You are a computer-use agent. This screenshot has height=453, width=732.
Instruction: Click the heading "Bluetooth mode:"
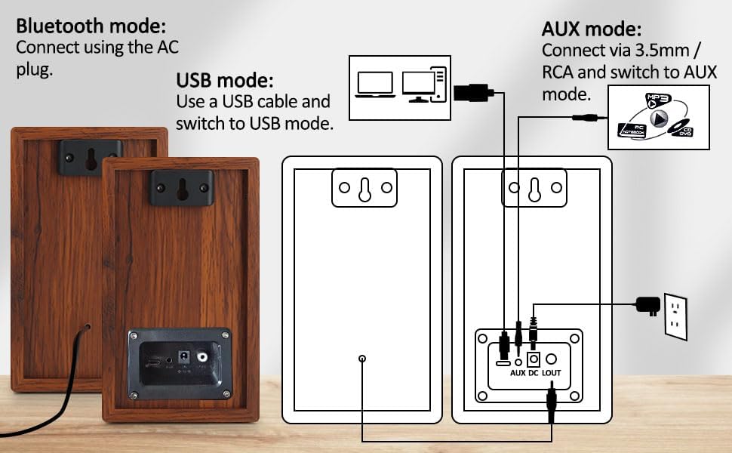click(x=91, y=26)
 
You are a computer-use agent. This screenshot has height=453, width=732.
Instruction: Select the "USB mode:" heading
click(x=224, y=80)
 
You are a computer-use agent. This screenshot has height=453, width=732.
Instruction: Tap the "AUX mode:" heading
click(x=592, y=30)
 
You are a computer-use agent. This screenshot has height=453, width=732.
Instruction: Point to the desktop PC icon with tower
click(x=424, y=85)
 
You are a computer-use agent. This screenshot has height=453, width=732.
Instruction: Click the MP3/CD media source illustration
click(x=658, y=117)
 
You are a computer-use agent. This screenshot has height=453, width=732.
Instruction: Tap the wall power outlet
click(x=675, y=316)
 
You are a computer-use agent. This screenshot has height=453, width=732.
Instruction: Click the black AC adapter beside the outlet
click(x=647, y=304)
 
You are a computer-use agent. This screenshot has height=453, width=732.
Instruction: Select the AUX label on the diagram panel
click(x=518, y=372)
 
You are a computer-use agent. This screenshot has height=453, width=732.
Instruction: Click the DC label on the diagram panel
click(x=534, y=372)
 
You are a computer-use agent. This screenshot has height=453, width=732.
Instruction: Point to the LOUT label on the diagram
click(x=552, y=372)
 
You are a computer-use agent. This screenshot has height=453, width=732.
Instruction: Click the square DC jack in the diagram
click(x=534, y=359)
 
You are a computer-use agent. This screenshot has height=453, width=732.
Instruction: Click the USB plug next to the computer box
click(x=472, y=93)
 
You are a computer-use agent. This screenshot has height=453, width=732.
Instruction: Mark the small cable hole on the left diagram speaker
click(x=362, y=359)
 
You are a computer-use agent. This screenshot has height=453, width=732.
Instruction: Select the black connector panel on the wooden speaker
click(x=179, y=364)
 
